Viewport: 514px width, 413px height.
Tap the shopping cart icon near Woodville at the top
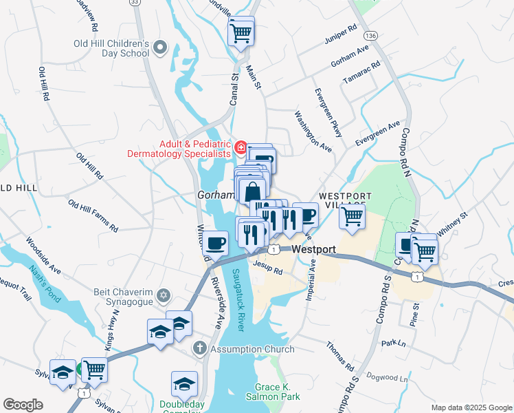(241, 32)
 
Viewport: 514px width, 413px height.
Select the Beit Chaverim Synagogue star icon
(163, 296)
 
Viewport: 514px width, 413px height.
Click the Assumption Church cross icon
(199, 349)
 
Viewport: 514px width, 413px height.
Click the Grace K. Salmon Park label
(278, 392)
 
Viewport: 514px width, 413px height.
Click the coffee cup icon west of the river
(216, 243)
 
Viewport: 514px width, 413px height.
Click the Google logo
(23, 405)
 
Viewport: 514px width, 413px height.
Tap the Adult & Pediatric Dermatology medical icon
(241, 147)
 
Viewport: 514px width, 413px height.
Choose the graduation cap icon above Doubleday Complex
(184, 383)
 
